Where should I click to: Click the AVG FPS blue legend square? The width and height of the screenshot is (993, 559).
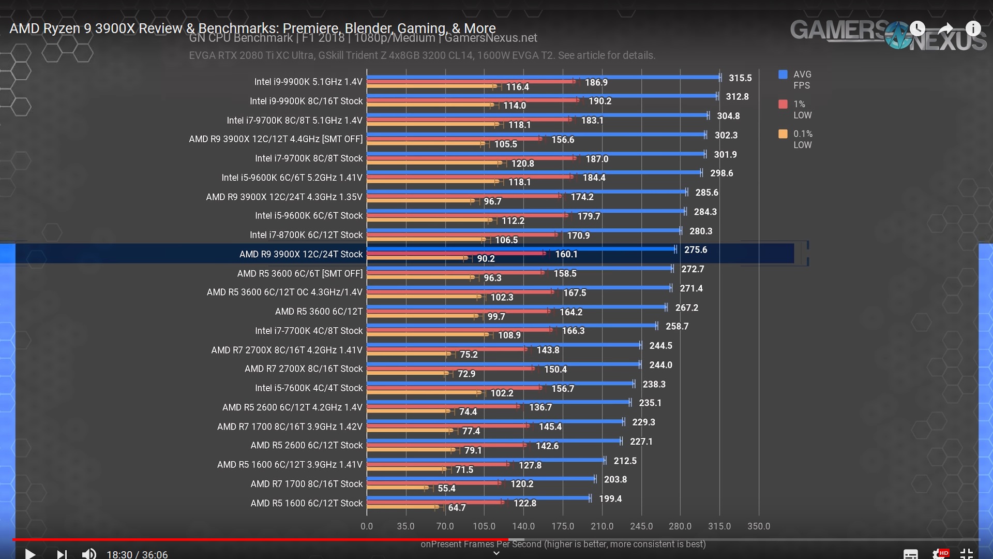783,75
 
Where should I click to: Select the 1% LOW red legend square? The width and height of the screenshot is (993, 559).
783,104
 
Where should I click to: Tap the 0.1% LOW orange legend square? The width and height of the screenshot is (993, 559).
783,134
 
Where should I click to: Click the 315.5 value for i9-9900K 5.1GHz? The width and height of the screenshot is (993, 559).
740,78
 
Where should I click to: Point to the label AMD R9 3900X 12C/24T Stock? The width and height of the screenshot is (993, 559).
301,254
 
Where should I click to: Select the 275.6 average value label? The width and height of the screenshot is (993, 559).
696,250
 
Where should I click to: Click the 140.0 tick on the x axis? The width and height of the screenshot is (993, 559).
523,526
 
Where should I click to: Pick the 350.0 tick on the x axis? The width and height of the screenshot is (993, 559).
759,526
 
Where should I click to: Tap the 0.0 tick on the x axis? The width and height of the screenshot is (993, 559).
367,526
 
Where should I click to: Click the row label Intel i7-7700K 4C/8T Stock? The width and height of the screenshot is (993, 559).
309,331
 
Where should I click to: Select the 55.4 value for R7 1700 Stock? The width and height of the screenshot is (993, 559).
446,489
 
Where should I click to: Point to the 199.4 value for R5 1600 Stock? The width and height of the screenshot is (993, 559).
610,499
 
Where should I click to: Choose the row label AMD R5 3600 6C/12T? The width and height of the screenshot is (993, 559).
319,312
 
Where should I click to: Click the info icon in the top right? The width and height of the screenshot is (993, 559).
973,28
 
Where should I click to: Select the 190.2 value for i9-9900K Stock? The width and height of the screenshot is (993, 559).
600,101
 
